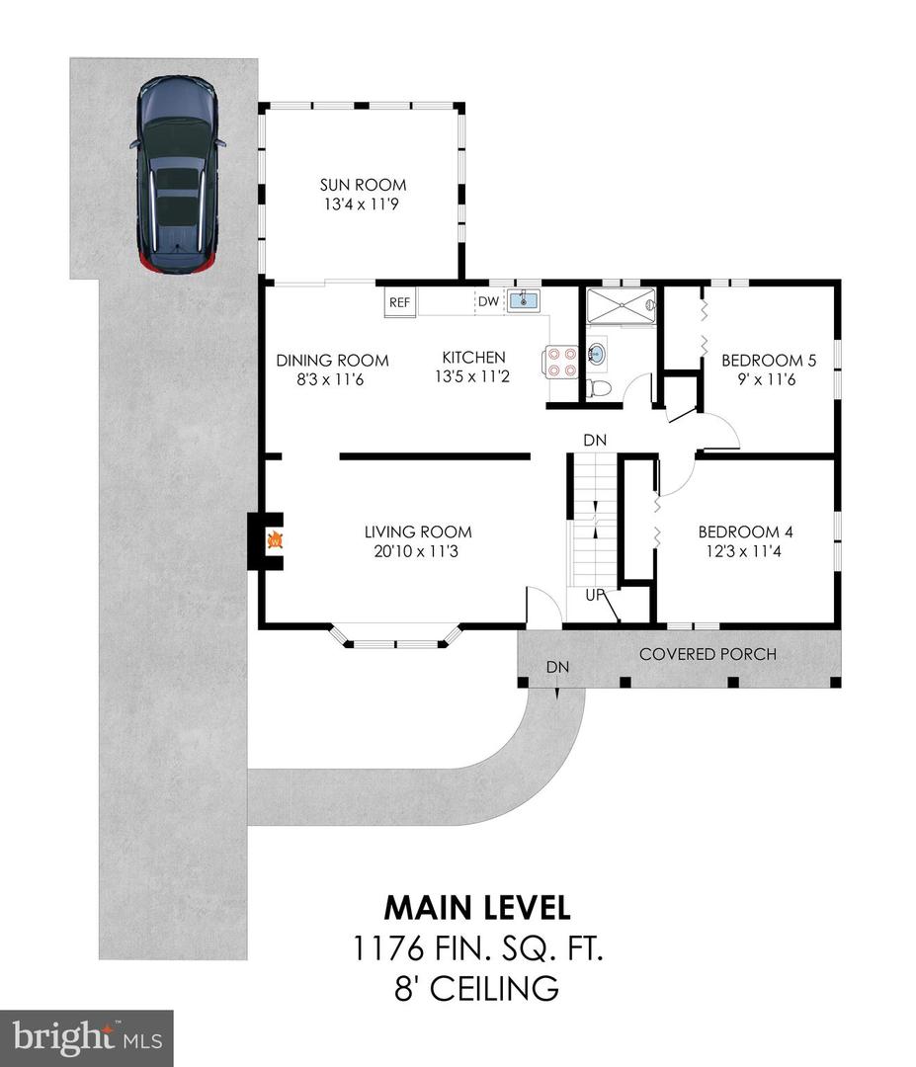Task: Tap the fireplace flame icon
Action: pyautogui.click(x=275, y=540)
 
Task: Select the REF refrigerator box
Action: pyautogui.click(x=400, y=302)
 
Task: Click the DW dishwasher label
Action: pyautogui.click(x=488, y=301)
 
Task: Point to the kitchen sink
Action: pyautogui.click(x=523, y=299)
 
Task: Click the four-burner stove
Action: pyautogui.click(x=560, y=362)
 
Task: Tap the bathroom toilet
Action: pyautogui.click(x=599, y=388)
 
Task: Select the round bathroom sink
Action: pyautogui.click(x=597, y=354)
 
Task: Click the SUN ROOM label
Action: pyautogui.click(x=363, y=185)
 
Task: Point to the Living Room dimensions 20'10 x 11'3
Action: pyautogui.click(x=416, y=551)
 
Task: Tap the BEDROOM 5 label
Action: pyautogui.click(x=769, y=361)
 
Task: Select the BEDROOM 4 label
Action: pyautogui.click(x=745, y=533)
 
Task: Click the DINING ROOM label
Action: pyautogui.click(x=332, y=361)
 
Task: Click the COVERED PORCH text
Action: pyautogui.click(x=708, y=655)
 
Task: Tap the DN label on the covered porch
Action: pyautogui.click(x=557, y=668)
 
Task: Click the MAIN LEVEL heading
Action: pyautogui.click(x=477, y=908)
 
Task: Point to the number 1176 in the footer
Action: pyautogui.click(x=387, y=948)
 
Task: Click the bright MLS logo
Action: pyautogui.click(x=86, y=1038)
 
